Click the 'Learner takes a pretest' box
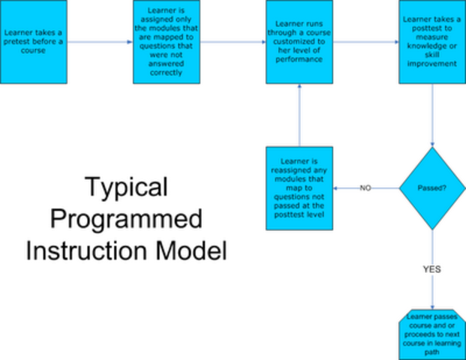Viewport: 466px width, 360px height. (33, 42)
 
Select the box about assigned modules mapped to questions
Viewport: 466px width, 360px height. (166, 42)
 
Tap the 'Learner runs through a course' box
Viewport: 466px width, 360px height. (299, 42)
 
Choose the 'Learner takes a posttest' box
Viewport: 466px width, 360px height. (432, 42)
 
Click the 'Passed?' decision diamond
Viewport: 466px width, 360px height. (432, 188)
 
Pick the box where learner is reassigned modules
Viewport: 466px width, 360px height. (299, 187)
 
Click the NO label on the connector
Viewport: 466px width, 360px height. (365, 188)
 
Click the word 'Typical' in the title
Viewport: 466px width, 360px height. (126, 187)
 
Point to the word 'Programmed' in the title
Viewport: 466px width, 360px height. (126, 219)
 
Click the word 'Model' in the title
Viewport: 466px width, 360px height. (191, 250)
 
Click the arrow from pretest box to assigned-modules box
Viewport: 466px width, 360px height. (99, 42)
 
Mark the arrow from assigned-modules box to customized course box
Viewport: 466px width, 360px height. (233, 42)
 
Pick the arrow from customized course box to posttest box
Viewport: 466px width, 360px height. (365, 42)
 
